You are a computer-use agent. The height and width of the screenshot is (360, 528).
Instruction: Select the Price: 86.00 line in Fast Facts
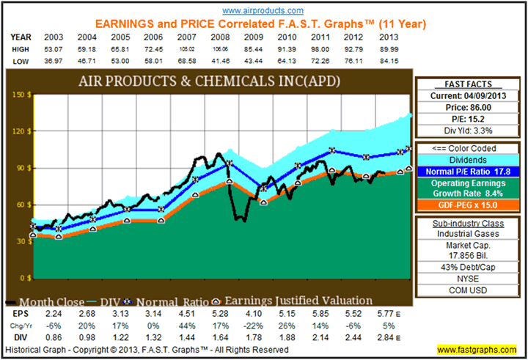click(470, 106)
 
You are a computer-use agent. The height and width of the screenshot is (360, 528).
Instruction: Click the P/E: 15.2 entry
click(470, 118)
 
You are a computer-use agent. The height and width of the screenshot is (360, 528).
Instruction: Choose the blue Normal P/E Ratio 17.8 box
click(470, 172)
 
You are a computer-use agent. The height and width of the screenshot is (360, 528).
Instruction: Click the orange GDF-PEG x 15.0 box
click(470, 205)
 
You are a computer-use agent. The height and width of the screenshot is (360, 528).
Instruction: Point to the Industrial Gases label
click(470, 233)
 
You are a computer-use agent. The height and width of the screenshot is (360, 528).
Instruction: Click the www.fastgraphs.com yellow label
click(477, 350)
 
